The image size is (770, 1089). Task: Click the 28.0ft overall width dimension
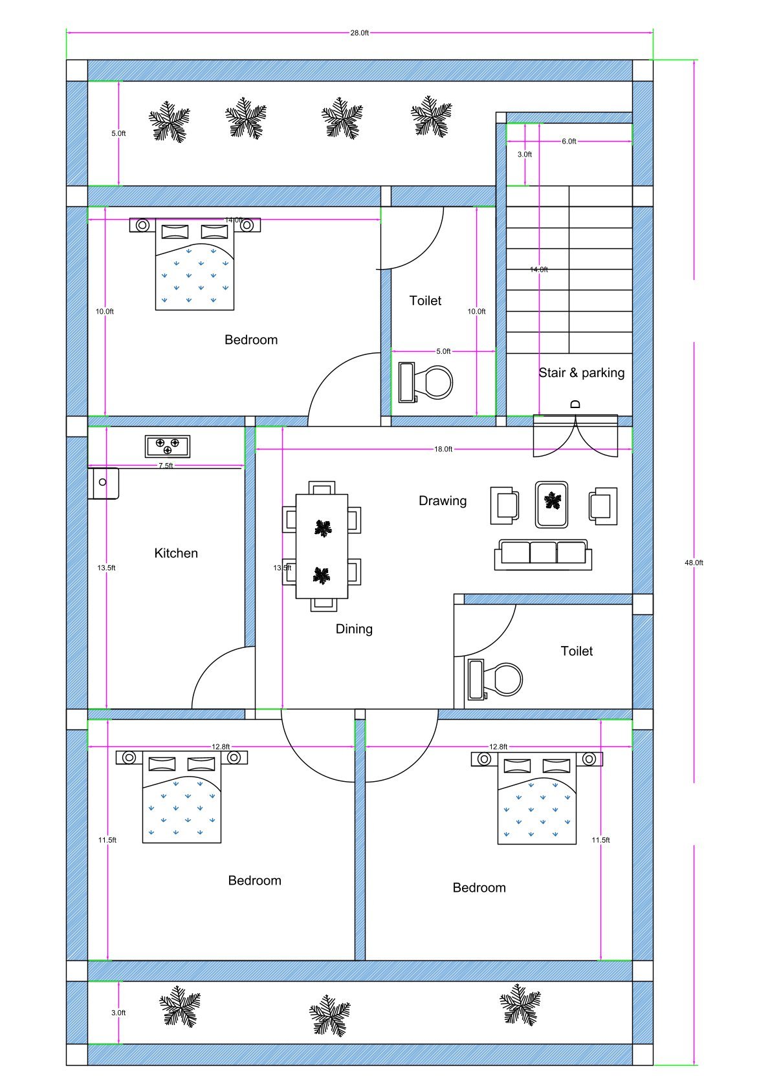pos(359,33)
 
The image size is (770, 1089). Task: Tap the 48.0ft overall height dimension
pos(694,563)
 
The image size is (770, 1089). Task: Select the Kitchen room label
pos(176,553)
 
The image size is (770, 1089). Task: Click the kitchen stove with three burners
pos(168,446)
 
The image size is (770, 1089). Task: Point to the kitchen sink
pos(104,483)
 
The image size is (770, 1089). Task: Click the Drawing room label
pos(443,501)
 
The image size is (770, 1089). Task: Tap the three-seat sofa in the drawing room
pos(543,554)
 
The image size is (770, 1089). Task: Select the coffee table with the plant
pos(552,504)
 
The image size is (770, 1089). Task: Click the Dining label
pos(354,629)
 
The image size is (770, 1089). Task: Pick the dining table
pos(322,546)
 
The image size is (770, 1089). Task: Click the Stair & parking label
pos(581,372)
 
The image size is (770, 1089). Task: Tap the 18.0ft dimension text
pos(443,449)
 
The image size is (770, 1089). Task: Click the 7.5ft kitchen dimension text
pos(166,466)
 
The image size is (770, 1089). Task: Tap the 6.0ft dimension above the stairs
pos(569,141)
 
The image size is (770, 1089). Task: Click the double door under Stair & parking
pos(575,436)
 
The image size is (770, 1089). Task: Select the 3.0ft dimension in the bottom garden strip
pos(118,1013)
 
